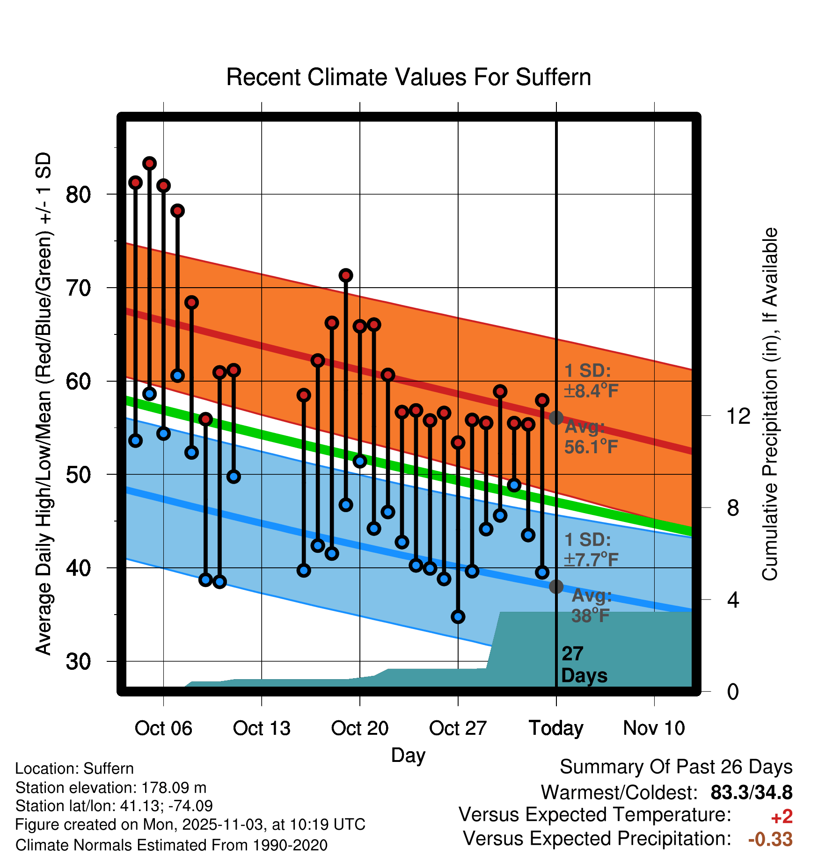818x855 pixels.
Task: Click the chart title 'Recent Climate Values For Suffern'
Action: (409, 77)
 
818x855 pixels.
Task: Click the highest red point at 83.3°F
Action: (149, 163)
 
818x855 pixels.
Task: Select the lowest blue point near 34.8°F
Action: (458, 616)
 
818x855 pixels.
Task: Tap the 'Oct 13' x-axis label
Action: (262, 728)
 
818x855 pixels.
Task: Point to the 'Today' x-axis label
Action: (556, 728)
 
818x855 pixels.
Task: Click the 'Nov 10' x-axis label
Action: (654, 728)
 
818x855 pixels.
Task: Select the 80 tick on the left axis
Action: (78, 194)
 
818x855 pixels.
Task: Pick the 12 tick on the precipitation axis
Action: (738, 416)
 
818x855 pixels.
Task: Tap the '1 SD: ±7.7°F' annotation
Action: (591, 550)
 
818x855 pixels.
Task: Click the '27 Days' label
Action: (583, 665)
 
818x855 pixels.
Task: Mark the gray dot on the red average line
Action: (556, 418)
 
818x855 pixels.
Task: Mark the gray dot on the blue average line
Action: (556, 587)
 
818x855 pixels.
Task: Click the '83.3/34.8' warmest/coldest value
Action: (751, 793)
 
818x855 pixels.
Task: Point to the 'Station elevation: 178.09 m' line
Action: (111, 788)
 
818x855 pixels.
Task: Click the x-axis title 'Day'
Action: (408, 755)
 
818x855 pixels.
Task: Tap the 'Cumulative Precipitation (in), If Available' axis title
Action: (770, 404)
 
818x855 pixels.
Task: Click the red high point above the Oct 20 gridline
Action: (360, 326)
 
